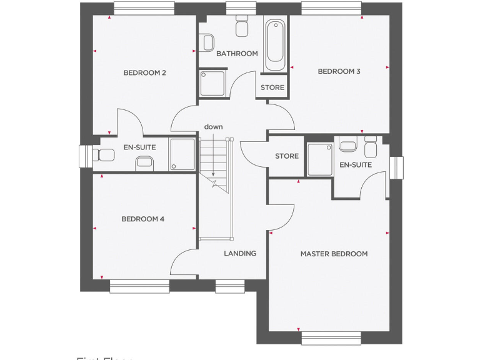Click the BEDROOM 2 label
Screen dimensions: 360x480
144,73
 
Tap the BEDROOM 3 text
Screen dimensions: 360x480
339,71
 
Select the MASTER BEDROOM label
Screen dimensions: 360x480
334,254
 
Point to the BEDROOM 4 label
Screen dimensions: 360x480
142,219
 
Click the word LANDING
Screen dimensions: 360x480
240,253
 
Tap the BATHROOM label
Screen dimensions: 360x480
237,54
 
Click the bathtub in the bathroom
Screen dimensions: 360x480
275,46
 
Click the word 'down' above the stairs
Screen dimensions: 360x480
213,127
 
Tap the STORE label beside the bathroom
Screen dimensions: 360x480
272,87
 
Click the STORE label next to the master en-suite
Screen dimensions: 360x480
287,156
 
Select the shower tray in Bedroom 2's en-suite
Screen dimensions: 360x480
182,154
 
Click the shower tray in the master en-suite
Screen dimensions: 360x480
319,160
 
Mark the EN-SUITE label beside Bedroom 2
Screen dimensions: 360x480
139,147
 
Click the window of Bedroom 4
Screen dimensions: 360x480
139,286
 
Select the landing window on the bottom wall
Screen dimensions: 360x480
230,286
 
